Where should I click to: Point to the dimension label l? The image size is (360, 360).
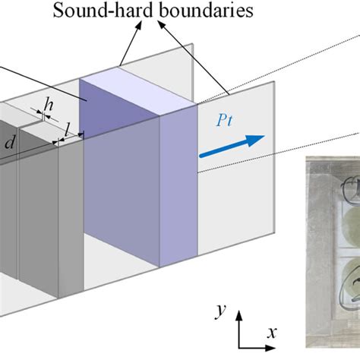pyautogui.click(x=68, y=133)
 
